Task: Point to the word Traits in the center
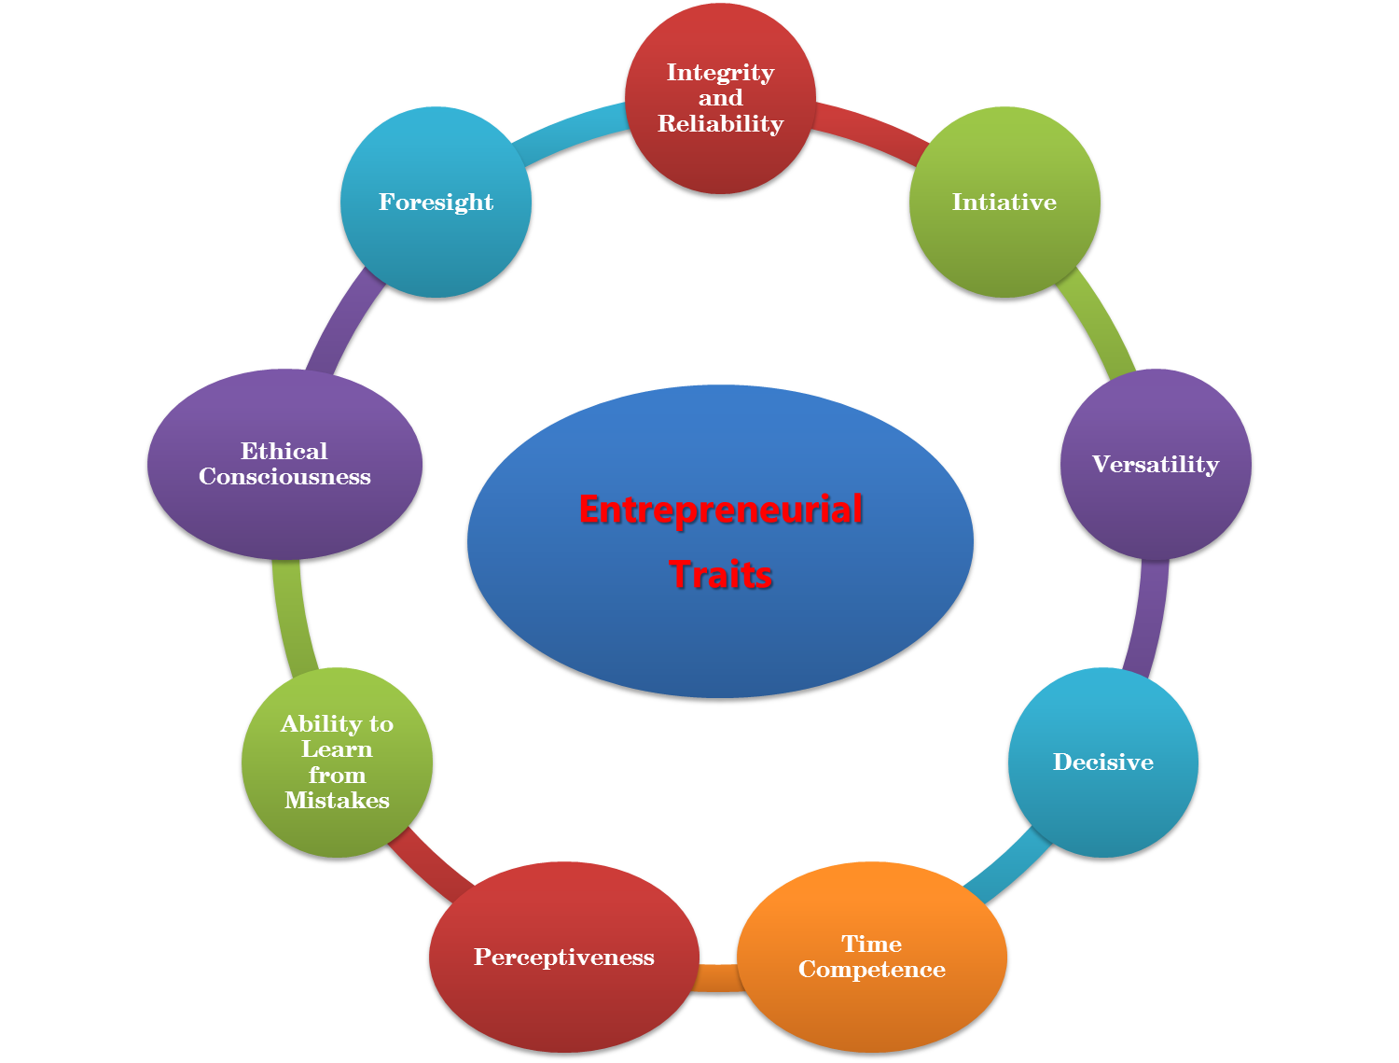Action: tap(721, 575)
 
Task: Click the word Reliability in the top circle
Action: tap(721, 124)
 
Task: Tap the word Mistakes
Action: tap(337, 801)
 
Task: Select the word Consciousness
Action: tap(284, 477)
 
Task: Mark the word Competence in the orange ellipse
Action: tap(872, 970)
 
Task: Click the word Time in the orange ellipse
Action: tap(872, 944)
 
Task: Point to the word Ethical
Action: tap(284, 452)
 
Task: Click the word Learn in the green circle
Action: tap(337, 749)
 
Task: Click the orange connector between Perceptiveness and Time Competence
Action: tap(717, 978)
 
